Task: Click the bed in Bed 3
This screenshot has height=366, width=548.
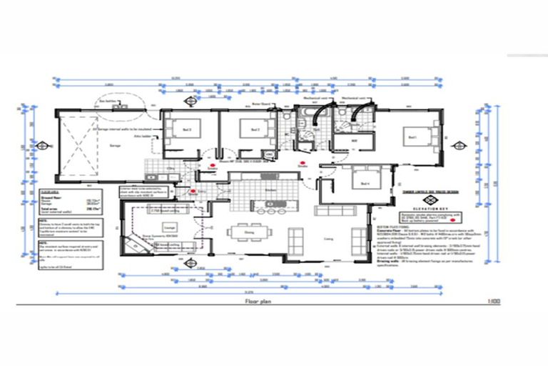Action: click(x=251, y=130)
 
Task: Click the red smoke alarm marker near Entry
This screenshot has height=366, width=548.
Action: click(x=193, y=192)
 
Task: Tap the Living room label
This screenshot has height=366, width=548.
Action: click(x=328, y=239)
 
